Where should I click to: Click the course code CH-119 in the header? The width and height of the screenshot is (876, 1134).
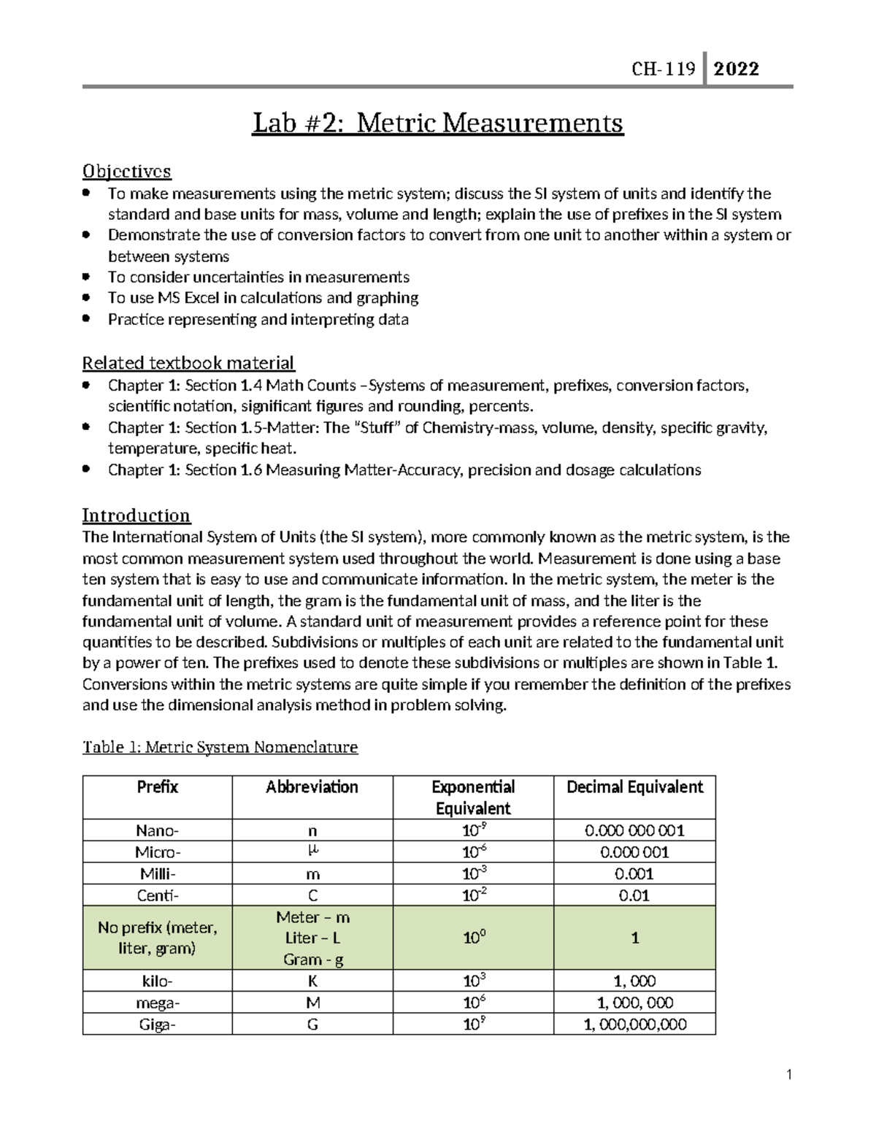click(x=663, y=69)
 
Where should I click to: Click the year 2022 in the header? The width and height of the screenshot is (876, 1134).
click(x=736, y=69)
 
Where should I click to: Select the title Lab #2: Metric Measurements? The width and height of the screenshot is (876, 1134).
click(x=437, y=123)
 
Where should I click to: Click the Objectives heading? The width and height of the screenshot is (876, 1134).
click(x=126, y=171)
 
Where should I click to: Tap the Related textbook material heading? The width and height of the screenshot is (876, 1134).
click(x=188, y=363)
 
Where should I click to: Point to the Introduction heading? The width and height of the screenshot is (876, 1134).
click(x=136, y=516)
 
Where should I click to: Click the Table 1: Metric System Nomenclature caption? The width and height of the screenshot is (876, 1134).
click(x=220, y=747)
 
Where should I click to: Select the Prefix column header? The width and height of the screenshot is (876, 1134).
click(x=157, y=787)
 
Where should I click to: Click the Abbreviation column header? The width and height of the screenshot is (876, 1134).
click(x=312, y=787)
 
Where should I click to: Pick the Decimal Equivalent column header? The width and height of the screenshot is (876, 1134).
click(x=634, y=787)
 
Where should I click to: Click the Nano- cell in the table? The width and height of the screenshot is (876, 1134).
click(x=157, y=830)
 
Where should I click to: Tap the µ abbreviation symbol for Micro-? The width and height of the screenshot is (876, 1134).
click(x=312, y=851)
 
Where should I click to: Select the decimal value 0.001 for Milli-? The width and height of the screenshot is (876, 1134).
click(x=634, y=873)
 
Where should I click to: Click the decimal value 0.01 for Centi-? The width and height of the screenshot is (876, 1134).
click(x=634, y=895)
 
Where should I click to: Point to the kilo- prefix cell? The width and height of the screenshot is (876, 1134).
click(x=157, y=981)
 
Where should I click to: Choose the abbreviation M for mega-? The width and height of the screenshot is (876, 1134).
click(x=312, y=1003)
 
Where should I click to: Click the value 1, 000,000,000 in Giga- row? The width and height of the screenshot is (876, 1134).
click(x=634, y=1024)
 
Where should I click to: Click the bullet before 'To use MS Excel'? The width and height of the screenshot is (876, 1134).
click(x=86, y=298)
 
